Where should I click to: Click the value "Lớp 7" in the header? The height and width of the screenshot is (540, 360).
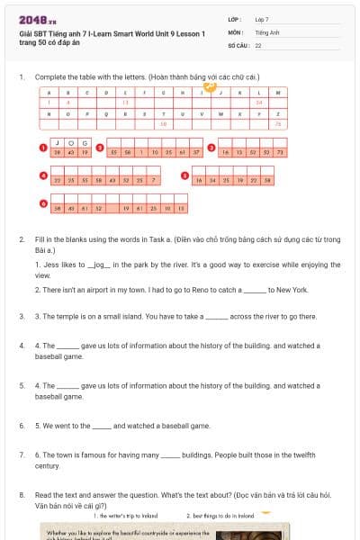tap(262, 18)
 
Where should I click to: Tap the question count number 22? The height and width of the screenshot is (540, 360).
tap(258, 44)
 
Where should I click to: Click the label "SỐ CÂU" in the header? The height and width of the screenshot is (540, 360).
tap(238, 44)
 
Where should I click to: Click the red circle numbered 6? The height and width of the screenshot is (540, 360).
tap(42, 203)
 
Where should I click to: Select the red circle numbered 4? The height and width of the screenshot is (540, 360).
tap(42, 175)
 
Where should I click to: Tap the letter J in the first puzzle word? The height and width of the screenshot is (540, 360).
tap(58, 143)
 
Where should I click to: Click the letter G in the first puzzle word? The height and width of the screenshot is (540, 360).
tap(84, 143)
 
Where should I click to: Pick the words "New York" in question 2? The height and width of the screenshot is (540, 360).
tap(293, 290)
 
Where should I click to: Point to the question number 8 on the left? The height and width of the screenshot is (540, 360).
tap(21, 494)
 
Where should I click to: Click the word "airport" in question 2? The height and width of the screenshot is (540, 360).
tap(99, 290)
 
